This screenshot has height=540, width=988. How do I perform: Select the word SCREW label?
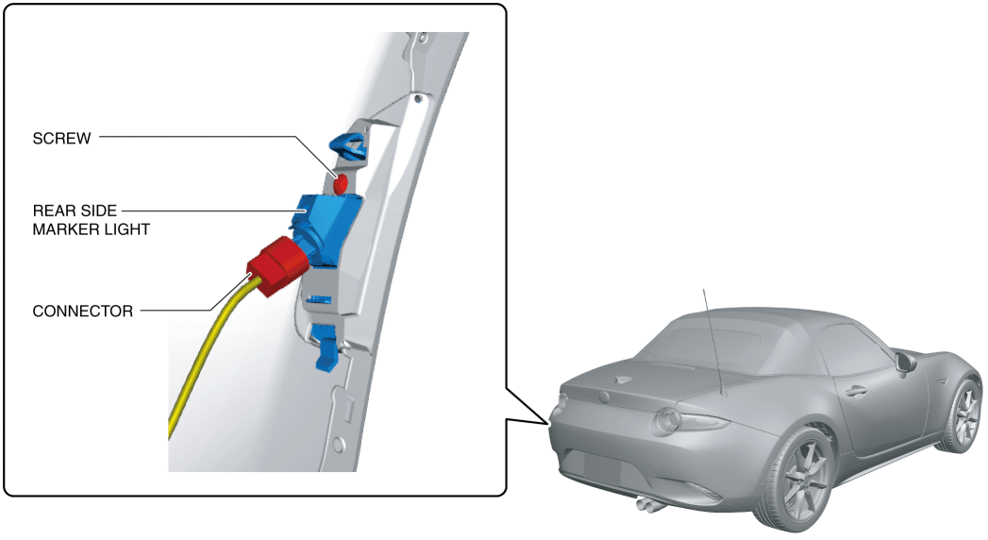point(61,139)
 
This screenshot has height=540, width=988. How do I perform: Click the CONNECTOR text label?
point(83,311)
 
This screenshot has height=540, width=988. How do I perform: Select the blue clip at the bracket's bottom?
point(327,346)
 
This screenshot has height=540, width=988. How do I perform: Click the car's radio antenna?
point(712,340)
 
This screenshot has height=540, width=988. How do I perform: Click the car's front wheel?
point(963,414)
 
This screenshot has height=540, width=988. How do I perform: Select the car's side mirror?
point(906,362)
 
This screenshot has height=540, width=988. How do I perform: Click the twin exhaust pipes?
point(648,505)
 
